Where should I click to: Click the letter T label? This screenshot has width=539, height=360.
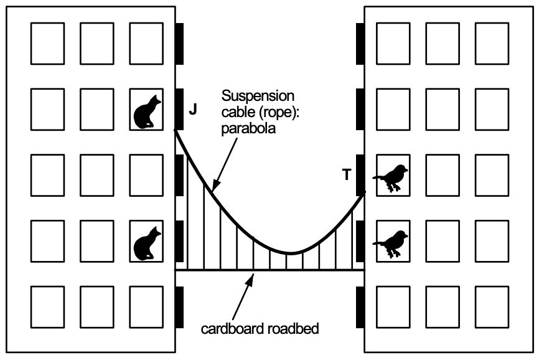[347, 175]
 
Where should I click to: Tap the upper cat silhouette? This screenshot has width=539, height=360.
[148, 111]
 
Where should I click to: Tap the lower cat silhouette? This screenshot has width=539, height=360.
[148, 243]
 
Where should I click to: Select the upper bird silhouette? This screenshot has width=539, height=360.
[391, 178]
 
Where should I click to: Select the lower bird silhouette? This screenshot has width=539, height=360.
[391, 243]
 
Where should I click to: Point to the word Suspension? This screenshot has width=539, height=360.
[258, 96]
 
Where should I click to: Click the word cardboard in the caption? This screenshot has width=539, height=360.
[230, 328]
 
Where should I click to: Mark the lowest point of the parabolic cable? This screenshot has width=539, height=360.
[290, 252]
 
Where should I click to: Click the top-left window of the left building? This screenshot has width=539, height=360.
[47, 44]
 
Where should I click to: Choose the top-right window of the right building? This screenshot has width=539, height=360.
[492, 44]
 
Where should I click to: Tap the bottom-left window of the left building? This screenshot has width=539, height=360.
[47, 306]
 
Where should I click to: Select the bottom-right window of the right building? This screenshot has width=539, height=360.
[492, 306]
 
